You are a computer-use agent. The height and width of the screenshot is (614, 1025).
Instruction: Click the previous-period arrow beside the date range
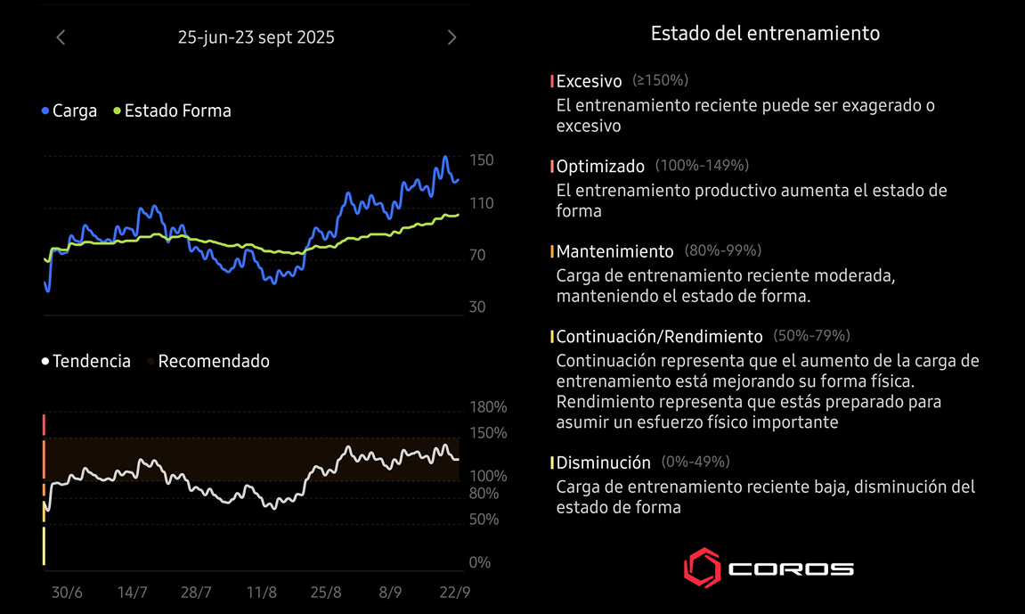[x=61, y=37]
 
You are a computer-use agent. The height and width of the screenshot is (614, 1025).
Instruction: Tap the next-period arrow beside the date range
[x=451, y=37]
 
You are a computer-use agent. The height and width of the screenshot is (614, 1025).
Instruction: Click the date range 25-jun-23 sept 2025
[x=256, y=37]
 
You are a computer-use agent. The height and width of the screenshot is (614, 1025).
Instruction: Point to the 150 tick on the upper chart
[x=482, y=160]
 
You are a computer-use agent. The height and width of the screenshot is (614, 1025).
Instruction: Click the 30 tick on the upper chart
[x=477, y=307]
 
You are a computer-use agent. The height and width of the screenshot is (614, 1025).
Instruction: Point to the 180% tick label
[x=488, y=407]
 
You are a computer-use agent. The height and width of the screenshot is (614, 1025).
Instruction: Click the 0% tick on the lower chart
[x=480, y=562]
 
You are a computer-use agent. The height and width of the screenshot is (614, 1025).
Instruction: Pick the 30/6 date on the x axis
[x=67, y=594]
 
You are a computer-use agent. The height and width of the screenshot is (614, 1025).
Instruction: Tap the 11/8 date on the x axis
[x=262, y=594]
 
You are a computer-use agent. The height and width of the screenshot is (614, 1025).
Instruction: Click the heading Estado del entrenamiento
[x=765, y=34]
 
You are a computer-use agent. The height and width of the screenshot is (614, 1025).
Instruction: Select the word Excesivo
[x=589, y=81]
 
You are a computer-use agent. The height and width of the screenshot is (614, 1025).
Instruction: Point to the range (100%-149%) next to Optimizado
[x=702, y=166]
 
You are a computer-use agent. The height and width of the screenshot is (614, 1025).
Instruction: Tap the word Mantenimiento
[x=614, y=251]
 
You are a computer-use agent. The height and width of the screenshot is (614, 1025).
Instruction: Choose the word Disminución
[x=603, y=463]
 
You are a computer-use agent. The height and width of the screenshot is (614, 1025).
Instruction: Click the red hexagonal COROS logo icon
[x=702, y=568]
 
